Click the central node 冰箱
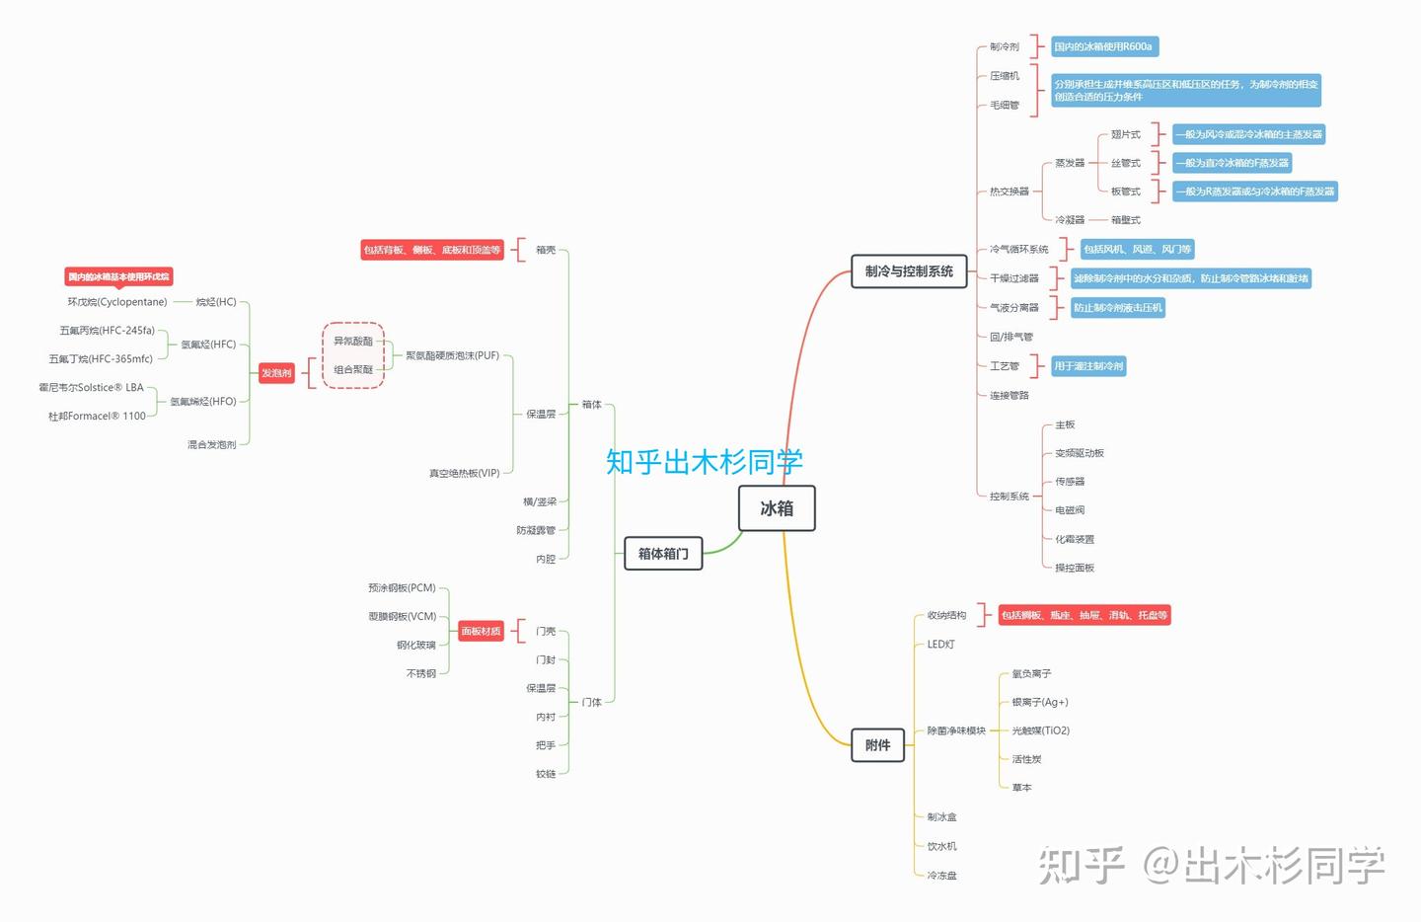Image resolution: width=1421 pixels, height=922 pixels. pyautogui.click(x=777, y=508)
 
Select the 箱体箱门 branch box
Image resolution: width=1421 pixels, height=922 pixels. pyautogui.click(x=663, y=554)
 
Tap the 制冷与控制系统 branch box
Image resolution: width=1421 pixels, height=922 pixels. pyautogui.click(x=909, y=271)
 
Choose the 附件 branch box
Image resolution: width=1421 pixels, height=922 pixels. pyautogui.click(x=877, y=745)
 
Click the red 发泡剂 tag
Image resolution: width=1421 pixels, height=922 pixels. pyautogui.click(x=276, y=373)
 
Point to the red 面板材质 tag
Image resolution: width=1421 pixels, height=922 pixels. pyautogui.click(x=481, y=631)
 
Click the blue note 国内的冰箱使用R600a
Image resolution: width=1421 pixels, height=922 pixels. pyautogui.click(x=1103, y=46)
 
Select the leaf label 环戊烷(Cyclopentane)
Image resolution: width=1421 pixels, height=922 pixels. pyautogui.click(x=117, y=302)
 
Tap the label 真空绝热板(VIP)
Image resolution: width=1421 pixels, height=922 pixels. pyautogui.click(x=464, y=473)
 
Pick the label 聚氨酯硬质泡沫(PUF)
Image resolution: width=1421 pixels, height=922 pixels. pyautogui.click(x=452, y=355)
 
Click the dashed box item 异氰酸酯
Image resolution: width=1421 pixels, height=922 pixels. pyautogui.click(x=353, y=341)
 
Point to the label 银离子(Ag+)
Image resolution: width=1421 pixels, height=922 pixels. pyautogui.click(x=1040, y=702)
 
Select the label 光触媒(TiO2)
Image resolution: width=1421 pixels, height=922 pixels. pyautogui.click(x=1040, y=730)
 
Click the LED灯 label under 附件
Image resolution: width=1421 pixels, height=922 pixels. pyautogui.click(x=940, y=644)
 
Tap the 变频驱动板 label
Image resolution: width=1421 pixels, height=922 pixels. pyautogui.click(x=1080, y=453)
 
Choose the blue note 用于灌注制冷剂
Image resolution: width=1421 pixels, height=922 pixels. pyautogui.click(x=1088, y=366)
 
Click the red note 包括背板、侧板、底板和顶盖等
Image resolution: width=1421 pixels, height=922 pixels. pyautogui.click(x=432, y=250)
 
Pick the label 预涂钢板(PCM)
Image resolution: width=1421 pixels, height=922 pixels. pyautogui.click(x=402, y=587)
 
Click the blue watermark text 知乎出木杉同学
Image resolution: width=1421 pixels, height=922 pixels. pyautogui.click(x=705, y=461)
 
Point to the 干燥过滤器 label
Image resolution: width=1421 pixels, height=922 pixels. pyautogui.click(x=1014, y=278)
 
